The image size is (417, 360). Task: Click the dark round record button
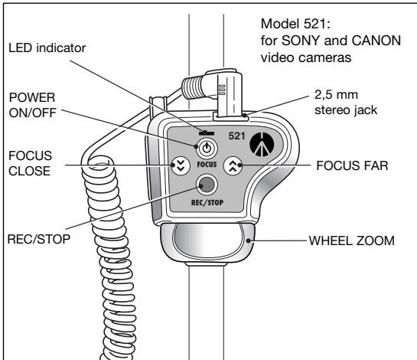(x=205, y=185)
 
